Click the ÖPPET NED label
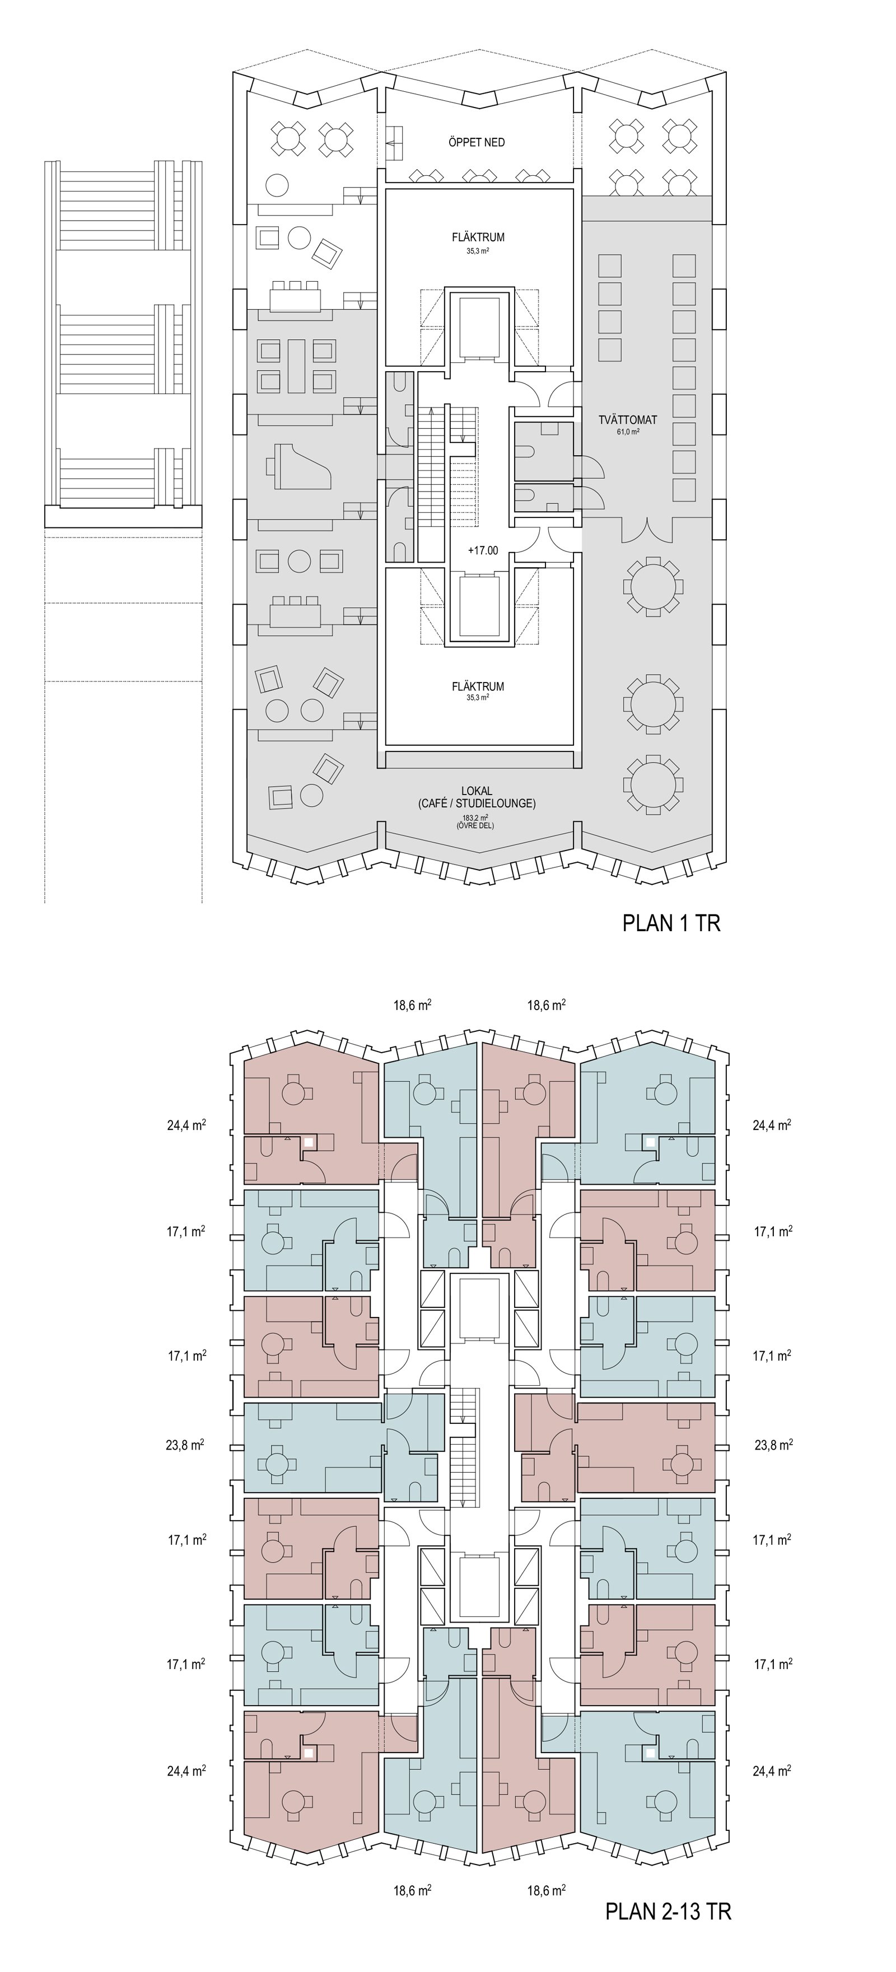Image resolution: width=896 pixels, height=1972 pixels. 477,142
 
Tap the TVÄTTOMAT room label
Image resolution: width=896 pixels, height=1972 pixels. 628,420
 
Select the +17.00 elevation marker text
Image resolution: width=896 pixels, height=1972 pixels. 483,550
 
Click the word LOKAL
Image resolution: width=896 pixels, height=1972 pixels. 477,791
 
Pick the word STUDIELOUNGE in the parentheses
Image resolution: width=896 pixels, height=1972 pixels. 494,804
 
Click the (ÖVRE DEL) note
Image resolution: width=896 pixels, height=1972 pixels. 477,826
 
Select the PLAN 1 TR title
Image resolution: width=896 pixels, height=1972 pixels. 671,923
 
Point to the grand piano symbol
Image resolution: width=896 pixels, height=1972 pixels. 298,469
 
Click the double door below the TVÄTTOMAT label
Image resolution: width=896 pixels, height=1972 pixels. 648,528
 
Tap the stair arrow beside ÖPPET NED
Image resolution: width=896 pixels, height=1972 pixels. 395,142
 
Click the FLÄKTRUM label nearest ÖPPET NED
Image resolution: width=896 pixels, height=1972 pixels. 478,237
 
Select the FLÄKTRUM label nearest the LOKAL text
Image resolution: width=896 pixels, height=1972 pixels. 478,686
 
